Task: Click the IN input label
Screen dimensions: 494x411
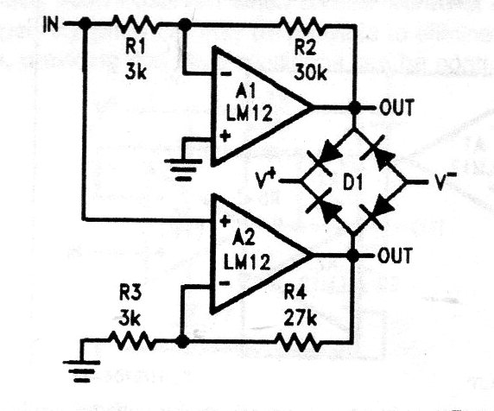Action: [x=51, y=24]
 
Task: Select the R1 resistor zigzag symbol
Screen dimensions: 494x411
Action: [x=136, y=24]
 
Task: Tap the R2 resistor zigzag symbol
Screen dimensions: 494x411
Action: [x=301, y=26]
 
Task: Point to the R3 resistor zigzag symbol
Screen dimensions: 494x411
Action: [x=132, y=341]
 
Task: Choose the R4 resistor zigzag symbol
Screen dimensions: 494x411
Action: [x=298, y=342]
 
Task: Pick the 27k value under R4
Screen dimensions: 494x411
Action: [x=301, y=319]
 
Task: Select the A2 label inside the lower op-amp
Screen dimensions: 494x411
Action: [x=244, y=238]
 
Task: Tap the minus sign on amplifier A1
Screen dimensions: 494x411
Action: [x=225, y=74]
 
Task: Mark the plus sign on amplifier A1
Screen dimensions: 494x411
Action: [x=225, y=136]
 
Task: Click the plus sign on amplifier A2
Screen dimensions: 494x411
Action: [x=225, y=221]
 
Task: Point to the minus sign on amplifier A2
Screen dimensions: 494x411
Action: [x=224, y=283]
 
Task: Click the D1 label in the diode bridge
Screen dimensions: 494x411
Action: [x=352, y=183]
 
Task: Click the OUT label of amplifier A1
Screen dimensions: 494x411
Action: [x=396, y=107]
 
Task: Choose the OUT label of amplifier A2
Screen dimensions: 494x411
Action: [x=395, y=255]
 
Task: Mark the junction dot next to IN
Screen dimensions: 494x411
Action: [x=85, y=23]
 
